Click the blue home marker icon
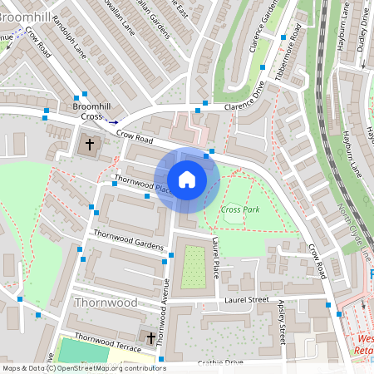coord(187,180)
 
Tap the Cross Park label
coord(240,209)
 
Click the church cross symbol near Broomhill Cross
coord(90,145)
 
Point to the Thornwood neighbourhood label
coord(106,303)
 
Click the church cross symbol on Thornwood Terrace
coord(150,338)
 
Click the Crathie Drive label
coord(220,363)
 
